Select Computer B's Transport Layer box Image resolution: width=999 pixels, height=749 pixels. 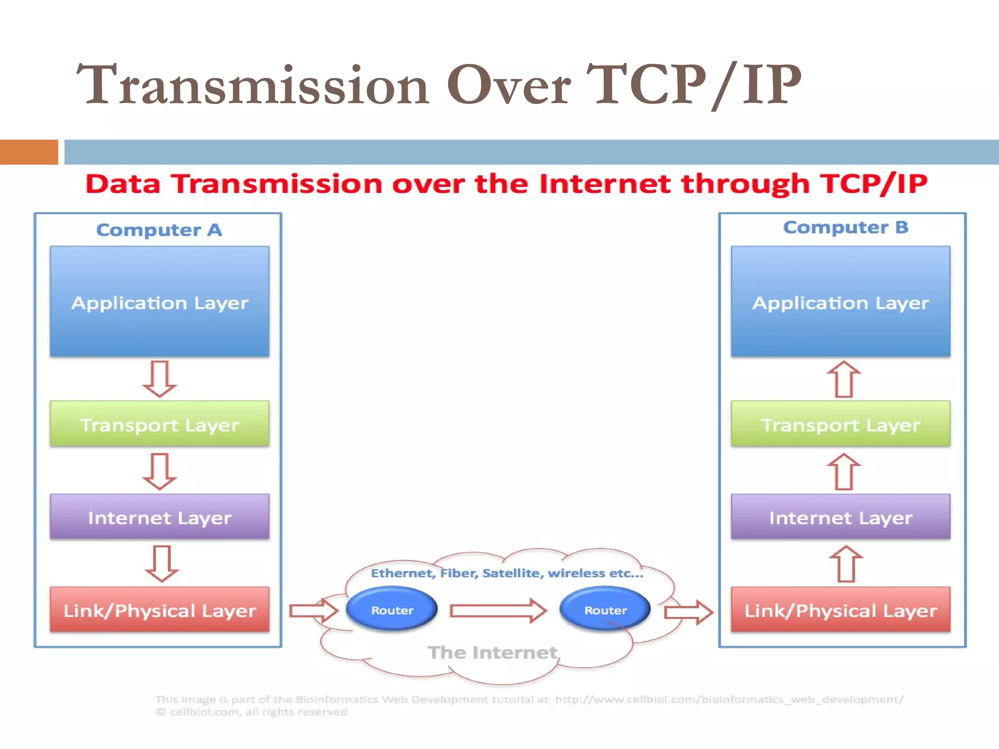[840, 424]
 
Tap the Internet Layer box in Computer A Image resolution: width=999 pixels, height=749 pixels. [160, 516]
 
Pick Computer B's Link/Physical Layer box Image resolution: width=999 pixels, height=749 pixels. [840, 610]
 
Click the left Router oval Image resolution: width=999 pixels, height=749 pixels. [392, 609]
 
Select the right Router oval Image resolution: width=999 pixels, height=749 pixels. [605, 609]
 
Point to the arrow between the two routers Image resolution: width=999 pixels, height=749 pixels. [498, 611]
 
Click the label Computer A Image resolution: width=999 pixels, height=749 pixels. [159, 230]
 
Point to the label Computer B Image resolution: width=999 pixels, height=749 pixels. [845, 227]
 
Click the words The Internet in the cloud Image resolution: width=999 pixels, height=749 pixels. [492, 652]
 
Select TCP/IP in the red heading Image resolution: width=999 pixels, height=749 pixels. [873, 184]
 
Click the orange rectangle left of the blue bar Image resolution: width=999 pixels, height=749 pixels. [29, 152]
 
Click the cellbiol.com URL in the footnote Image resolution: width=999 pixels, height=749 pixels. [729, 699]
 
